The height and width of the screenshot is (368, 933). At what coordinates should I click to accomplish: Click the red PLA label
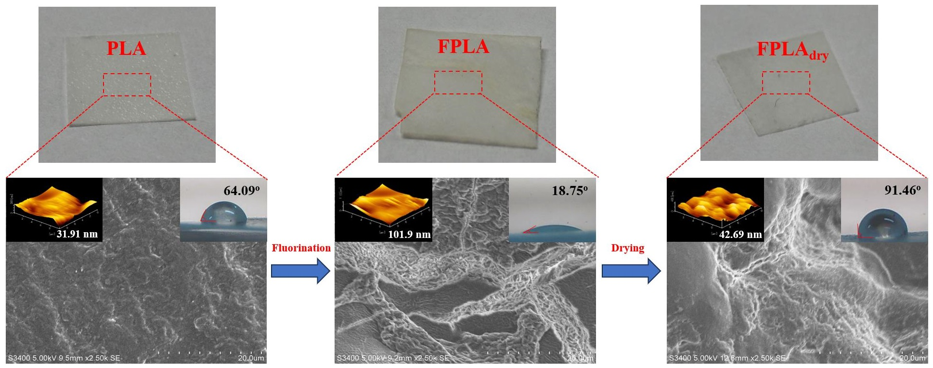click(126, 48)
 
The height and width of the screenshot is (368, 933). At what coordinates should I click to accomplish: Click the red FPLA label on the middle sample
click(463, 47)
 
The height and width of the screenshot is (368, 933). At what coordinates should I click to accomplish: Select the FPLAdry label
click(792, 50)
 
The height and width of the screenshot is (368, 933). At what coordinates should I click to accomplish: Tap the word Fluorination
click(301, 248)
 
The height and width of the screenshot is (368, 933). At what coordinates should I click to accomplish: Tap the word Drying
click(627, 248)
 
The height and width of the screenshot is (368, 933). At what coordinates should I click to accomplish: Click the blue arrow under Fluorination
click(300, 271)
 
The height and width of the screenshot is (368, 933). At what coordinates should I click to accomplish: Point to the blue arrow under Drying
click(631, 271)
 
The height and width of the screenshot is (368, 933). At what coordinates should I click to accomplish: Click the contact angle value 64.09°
click(241, 191)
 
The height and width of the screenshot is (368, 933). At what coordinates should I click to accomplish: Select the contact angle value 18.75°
click(570, 191)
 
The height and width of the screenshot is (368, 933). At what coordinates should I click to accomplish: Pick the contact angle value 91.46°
click(902, 190)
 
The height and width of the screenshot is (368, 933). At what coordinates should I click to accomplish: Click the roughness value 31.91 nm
click(77, 234)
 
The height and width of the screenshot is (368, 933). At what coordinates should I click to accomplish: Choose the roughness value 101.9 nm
click(409, 235)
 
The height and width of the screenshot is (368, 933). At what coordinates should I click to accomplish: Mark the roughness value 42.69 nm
click(740, 235)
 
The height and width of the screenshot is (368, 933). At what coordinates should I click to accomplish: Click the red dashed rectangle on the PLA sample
click(127, 85)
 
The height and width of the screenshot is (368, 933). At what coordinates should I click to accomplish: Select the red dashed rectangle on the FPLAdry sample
click(786, 83)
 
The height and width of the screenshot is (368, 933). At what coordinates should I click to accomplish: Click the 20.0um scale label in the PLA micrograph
click(251, 358)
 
